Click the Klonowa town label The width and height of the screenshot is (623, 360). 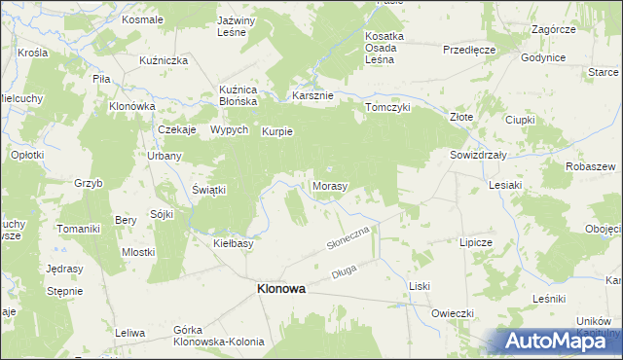coord(280,289)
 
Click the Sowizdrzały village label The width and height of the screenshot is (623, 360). coord(481,155)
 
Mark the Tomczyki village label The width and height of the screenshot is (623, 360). coord(387,108)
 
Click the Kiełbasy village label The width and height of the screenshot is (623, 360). coord(234,243)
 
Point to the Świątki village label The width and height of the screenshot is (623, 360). coord(209,190)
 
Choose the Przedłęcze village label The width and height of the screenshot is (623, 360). coord(469,49)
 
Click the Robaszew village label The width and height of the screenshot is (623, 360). coord(589,166)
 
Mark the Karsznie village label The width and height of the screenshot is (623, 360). coord(313,96)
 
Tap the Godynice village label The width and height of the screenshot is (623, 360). coord(543,58)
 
